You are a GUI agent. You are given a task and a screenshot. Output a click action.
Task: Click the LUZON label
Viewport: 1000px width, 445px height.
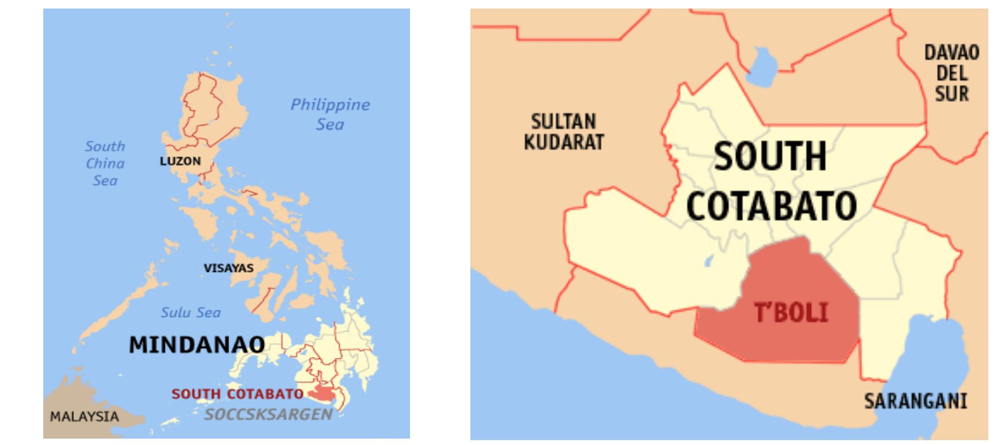click(180, 161)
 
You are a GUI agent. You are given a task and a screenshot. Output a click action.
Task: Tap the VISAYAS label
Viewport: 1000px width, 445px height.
click(229, 268)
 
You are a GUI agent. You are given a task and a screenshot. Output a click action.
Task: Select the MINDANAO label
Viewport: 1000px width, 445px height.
click(196, 345)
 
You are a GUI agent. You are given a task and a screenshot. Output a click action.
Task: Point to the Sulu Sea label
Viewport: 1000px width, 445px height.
click(191, 312)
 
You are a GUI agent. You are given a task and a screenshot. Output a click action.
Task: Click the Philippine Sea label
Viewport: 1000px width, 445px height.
click(330, 114)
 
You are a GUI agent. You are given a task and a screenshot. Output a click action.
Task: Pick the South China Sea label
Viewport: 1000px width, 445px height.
click(105, 163)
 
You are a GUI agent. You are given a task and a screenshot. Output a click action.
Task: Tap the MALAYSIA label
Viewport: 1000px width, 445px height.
click(84, 416)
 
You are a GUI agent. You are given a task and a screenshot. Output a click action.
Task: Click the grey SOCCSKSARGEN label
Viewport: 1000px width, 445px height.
click(268, 414)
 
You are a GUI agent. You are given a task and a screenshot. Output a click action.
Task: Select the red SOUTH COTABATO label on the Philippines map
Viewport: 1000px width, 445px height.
click(238, 394)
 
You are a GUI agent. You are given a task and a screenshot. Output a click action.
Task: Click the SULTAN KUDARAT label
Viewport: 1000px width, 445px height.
click(563, 132)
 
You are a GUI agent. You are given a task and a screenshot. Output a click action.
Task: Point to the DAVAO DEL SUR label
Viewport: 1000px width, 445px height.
click(951, 73)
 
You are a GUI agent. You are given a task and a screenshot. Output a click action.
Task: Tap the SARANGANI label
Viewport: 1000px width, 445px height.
click(915, 401)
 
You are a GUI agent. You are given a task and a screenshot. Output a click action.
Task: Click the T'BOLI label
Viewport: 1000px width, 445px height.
click(791, 312)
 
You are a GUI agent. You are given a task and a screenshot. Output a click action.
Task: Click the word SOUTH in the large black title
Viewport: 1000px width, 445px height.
click(770, 156)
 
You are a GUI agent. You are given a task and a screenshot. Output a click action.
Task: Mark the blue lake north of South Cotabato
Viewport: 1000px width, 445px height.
click(760, 65)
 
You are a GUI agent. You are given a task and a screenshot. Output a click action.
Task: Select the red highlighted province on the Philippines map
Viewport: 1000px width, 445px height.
click(321, 393)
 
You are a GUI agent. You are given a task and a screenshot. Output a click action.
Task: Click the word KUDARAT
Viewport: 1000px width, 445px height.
click(563, 142)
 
